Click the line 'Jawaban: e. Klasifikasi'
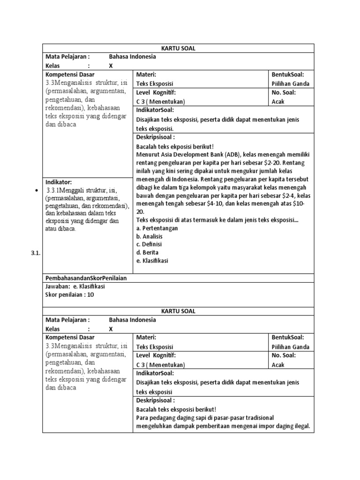pyautogui.click(x=75, y=286)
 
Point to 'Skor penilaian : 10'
pyautogui.click(x=69, y=294)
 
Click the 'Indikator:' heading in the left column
pyautogui.click(x=59, y=182)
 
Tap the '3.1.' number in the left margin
pyautogui.click(x=36, y=253)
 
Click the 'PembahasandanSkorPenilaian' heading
pyautogui.click(x=86, y=277)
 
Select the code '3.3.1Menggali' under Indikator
pyautogui.click(x=65, y=190)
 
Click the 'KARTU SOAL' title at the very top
pyautogui.click(x=178, y=48)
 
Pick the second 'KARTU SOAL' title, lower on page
pyautogui.click(x=178, y=311)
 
